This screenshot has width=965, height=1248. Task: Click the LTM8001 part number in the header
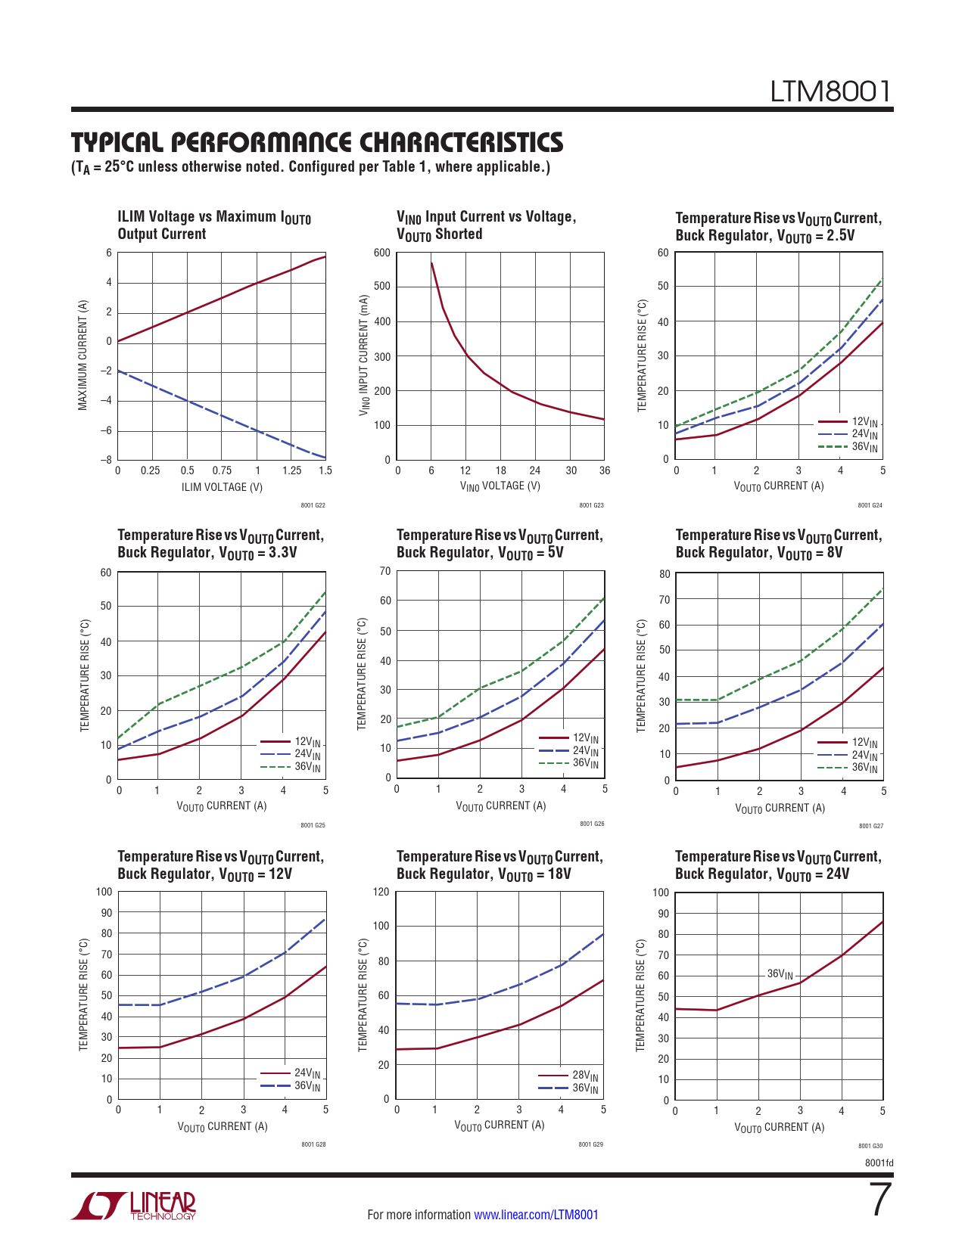pos(830,92)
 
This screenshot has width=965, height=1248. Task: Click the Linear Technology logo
pos(133,1206)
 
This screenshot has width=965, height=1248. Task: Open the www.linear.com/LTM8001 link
pos(536,1215)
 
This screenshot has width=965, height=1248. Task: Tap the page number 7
pos(879,1200)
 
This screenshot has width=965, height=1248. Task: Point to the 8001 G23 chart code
pos(591,505)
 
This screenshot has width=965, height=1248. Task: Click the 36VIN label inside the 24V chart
pos(780,974)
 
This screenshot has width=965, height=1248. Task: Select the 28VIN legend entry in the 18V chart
pos(584,1076)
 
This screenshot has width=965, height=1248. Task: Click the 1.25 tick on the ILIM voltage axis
pos(291,470)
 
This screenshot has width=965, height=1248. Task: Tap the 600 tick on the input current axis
pos(382,253)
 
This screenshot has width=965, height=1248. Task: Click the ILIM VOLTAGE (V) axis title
pos(222,487)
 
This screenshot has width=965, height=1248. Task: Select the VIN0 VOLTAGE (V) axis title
pos(500,486)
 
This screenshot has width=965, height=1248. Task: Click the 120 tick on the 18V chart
pos(381,892)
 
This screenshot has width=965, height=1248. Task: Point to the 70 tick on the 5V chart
pos(385,571)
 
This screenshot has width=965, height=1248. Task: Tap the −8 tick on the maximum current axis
pos(107,460)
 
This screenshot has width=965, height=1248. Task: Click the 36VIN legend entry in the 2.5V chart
pos(864,447)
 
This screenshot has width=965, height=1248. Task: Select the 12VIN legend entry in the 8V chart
pos(864,743)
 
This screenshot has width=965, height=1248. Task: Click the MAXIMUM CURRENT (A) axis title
pos(82,355)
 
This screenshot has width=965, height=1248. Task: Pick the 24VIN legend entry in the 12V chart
pos(307,1073)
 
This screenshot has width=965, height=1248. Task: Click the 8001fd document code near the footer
pos(879,1163)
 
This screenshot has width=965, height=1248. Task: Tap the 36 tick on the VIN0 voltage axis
pos(604,470)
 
